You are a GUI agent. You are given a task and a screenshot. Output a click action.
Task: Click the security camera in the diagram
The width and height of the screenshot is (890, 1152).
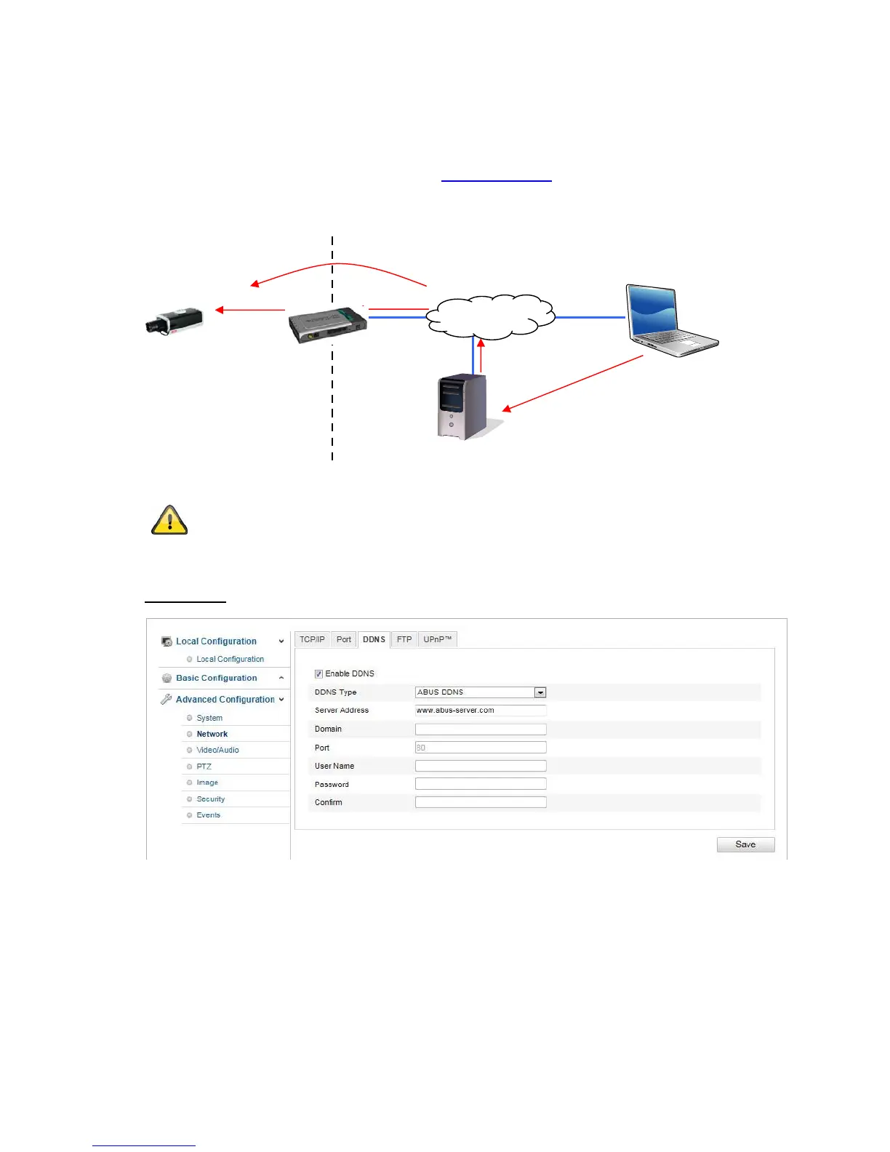coord(174,321)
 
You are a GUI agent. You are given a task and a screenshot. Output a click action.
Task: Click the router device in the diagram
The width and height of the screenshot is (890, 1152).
coord(328,324)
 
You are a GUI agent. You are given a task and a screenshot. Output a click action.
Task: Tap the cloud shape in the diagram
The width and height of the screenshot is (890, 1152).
coord(490,316)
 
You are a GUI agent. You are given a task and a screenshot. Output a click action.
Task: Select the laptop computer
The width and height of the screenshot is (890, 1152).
coord(668,320)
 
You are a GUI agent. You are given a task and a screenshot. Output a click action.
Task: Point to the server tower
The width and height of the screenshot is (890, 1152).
coord(462,407)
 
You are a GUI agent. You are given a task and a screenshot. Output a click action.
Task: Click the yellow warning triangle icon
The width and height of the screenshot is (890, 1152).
coord(169,521)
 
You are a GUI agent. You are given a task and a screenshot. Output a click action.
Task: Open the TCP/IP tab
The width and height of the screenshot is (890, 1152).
coord(312,640)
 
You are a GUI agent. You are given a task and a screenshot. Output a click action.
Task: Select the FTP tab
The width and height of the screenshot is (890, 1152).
coord(404,640)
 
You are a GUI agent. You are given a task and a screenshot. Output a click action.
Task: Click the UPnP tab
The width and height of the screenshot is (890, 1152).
coord(437,640)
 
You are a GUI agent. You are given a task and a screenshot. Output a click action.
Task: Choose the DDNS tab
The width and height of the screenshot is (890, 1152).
coord(374,640)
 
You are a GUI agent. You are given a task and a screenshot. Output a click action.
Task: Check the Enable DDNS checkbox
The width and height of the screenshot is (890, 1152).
coord(318,674)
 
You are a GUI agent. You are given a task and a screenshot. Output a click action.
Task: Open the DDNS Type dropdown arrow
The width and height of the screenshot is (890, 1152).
coord(540,692)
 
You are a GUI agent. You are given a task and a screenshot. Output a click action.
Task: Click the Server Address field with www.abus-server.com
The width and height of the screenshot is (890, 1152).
coord(480,711)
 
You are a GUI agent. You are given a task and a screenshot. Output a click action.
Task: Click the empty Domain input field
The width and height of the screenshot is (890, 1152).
coord(480,729)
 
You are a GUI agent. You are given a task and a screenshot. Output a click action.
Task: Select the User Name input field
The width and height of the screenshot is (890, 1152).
coord(480,766)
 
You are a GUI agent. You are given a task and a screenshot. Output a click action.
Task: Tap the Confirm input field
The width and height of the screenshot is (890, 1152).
coord(480,802)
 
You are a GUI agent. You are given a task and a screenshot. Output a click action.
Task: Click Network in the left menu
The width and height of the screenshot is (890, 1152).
coord(212,735)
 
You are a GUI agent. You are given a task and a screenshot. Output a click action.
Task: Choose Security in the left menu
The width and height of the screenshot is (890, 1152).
coord(210,799)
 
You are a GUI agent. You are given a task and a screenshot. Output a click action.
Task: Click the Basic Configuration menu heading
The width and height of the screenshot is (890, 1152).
coord(216,678)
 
